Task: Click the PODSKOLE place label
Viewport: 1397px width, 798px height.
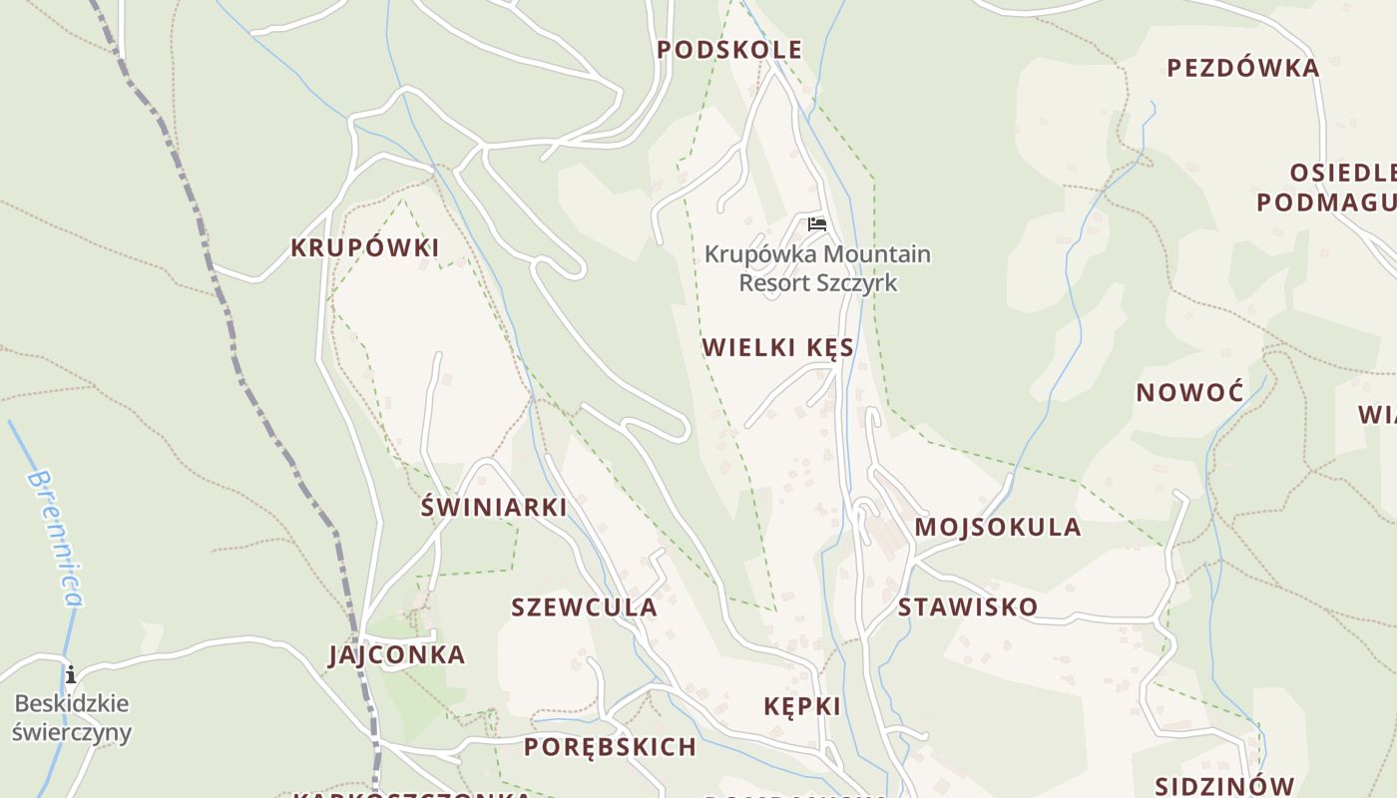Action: click(729, 50)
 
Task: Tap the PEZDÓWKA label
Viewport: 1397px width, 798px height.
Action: click(1242, 68)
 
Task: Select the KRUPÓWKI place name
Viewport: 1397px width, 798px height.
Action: click(364, 248)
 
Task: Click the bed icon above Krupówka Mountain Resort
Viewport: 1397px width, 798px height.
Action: click(817, 224)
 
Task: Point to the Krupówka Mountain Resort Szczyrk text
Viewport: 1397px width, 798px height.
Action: click(817, 268)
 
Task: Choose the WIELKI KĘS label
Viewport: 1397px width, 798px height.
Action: click(777, 348)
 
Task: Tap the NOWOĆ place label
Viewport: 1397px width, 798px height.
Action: click(1189, 392)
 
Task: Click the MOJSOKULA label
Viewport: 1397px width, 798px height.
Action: click(997, 527)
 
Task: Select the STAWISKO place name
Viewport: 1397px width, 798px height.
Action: click(967, 606)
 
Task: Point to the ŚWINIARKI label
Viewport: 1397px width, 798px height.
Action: click(493, 507)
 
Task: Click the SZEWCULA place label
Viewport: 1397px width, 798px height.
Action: click(584, 606)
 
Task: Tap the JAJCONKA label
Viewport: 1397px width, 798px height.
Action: click(396, 655)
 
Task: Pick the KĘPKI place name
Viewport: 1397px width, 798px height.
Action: click(801, 706)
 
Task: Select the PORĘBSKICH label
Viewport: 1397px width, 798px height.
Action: click(610, 746)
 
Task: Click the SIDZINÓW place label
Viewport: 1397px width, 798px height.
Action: click(1223, 786)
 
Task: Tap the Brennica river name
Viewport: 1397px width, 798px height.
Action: click(55, 539)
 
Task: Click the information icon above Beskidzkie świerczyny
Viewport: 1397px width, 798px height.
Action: click(70, 675)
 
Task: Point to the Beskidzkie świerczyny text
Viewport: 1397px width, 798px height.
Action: click(71, 718)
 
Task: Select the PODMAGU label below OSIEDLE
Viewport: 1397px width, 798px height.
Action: click(1325, 202)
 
